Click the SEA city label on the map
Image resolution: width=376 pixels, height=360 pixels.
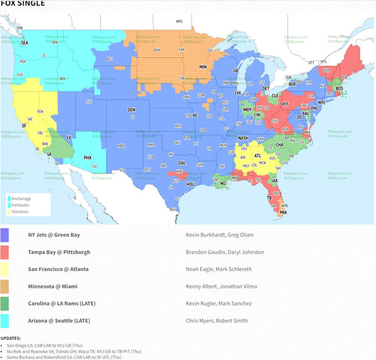pyautogui.click(x=24, y=42)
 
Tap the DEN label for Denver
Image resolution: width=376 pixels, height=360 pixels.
pyautogui.click(x=132, y=110)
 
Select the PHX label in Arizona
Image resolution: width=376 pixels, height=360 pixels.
pyautogui.click(x=87, y=158)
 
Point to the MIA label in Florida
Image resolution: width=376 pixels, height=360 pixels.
pyautogui.click(x=283, y=212)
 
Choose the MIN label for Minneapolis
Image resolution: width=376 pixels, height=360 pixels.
pyautogui.click(x=203, y=67)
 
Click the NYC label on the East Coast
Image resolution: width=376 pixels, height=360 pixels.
pyautogui.click(x=322, y=102)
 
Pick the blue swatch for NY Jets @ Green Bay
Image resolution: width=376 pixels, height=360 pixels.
pyautogui.click(x=5, y=235)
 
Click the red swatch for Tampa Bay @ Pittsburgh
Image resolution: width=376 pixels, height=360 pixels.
pyautogui.click(x=5, y=252)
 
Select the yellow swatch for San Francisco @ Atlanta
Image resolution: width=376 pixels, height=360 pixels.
pyautogui.click(x=5, y=269)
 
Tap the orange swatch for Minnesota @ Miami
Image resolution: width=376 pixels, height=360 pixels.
pyautogui.click(x=5, y=286)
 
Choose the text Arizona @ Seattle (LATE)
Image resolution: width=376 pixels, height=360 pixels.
pyautogui.click(x=60, y=321)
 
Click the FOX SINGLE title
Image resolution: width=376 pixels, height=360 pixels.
pyautogui.click(x=23, y=4)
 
